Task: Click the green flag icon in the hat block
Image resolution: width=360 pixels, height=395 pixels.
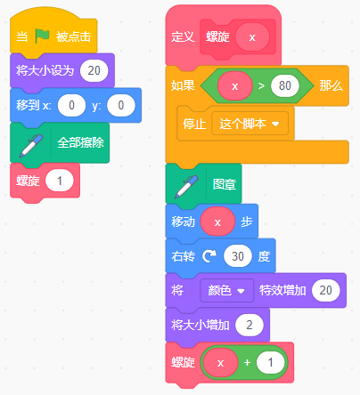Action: point(42,36)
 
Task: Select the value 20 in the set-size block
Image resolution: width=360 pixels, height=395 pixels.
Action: point(94,70)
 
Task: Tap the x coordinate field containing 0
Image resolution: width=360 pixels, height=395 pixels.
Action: point(71,105)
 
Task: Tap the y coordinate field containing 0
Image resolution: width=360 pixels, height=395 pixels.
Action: point(121,105)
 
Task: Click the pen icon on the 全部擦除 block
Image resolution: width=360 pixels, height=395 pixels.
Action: point(30,145)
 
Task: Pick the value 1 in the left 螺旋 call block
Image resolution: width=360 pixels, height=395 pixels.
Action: point(60,181)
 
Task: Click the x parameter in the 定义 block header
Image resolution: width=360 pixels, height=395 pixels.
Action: point(252,37)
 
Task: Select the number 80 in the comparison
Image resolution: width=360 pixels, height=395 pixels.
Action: point(285,85)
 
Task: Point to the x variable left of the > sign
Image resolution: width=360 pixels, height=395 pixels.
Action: point(234,86)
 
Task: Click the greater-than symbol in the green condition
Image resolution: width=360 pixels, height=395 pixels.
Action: point(261,86)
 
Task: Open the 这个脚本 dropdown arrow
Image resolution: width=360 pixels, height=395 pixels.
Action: point(275,124)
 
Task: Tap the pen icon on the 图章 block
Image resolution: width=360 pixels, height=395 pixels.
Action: point(186,187)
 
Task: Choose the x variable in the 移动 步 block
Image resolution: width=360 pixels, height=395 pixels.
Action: point(217,222)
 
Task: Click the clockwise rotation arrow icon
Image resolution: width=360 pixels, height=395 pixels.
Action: point(209,256)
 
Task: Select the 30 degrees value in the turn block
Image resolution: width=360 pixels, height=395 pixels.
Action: point(238,256)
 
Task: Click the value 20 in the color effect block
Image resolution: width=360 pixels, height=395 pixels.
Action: point(326,290)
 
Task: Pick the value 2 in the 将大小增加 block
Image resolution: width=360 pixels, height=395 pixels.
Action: point(250,325)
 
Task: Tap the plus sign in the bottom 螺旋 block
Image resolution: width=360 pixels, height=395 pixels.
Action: point(247,362)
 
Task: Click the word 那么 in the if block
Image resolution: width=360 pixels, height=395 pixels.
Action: point(331,86)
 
